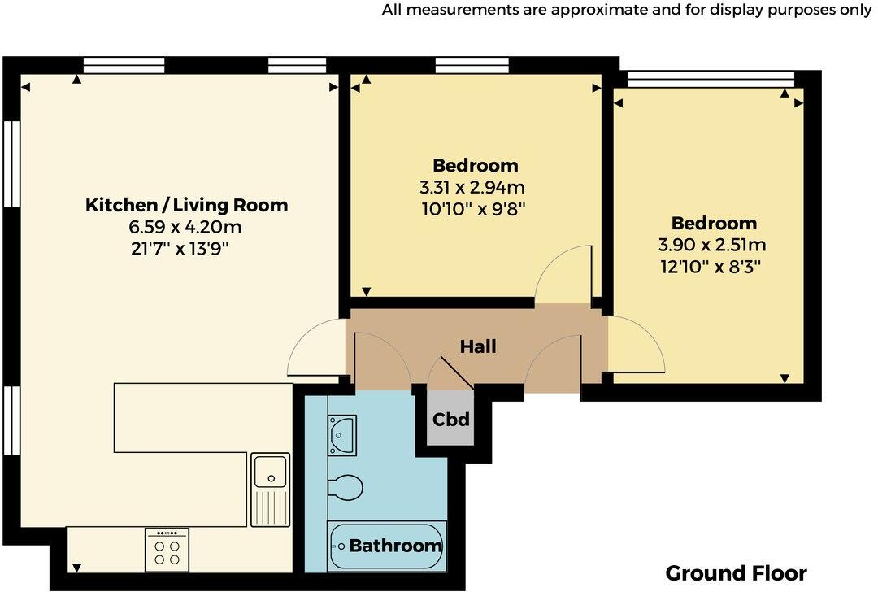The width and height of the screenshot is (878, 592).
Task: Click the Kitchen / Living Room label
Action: (x=186, y=205)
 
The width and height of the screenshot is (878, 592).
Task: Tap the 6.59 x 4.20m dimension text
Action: (x=186, y=227)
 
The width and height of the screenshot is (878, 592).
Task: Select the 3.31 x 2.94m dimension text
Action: (x=475, y=187)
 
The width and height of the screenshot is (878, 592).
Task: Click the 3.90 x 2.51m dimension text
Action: (x=713, y=244)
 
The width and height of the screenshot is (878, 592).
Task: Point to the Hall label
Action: (x=478, y=346)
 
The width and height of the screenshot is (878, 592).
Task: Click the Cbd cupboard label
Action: (x=450, y=420)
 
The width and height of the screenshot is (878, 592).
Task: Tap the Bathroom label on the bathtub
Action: (x=395, y=546)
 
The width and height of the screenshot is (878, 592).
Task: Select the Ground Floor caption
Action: (x=736, y=572)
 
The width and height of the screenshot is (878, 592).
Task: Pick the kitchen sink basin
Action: (x=270, y=469)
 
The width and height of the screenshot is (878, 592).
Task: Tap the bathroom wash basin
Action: (x=341, y=433)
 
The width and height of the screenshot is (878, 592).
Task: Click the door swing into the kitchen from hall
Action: (x=317, y=348)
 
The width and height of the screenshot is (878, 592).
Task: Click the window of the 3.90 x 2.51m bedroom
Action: (x=709, y=78)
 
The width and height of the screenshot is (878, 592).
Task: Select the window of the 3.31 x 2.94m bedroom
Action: (x=472, y=65)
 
